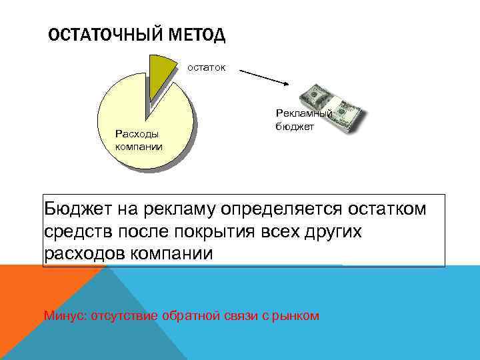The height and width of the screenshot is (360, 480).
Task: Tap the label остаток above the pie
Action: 206,67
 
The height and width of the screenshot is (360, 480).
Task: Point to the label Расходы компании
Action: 139,140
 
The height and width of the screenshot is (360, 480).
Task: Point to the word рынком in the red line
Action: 300,315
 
